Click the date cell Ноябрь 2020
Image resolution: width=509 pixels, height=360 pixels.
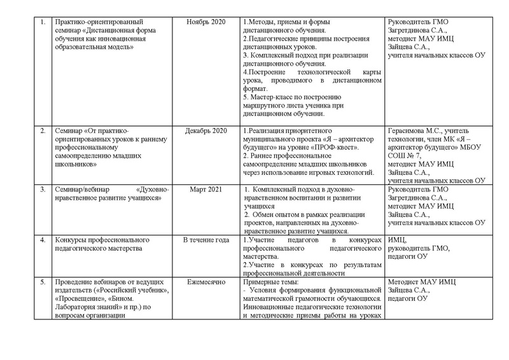click(206, 23)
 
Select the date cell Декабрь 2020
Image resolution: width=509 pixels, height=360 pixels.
click(206, 132)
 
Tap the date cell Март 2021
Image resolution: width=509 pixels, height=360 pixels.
click(206, 190)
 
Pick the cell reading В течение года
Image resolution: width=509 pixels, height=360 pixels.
click(206, 240)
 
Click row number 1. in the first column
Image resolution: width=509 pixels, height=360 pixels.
click(43, 23)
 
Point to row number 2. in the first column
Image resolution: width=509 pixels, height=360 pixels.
click(43, 132)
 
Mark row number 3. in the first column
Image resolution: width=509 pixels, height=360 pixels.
click(43, 190)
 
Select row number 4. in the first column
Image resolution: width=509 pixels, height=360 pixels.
click(43, 240)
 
